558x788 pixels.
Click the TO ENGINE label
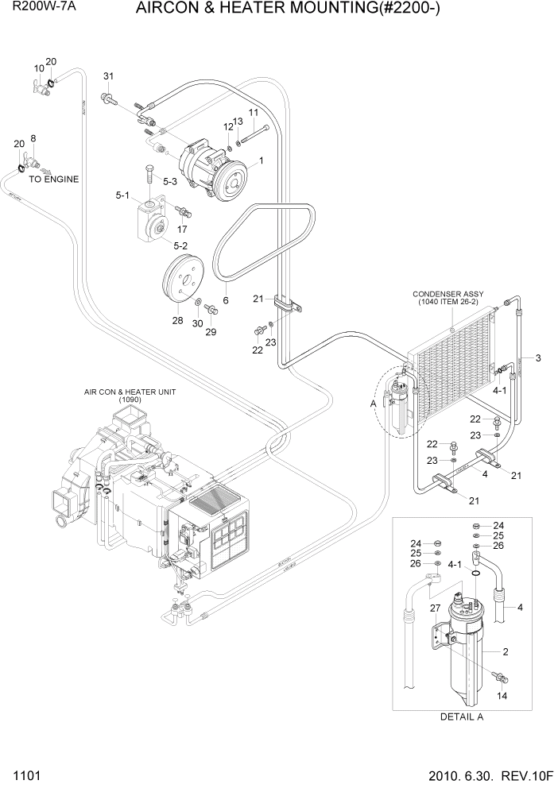(54, 180)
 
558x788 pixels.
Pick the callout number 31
(109, 76)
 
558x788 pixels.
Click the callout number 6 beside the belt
(226, 301)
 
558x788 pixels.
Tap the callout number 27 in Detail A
(435, 608)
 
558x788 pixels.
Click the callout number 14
(501, 697)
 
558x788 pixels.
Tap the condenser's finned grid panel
(450, 365)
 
